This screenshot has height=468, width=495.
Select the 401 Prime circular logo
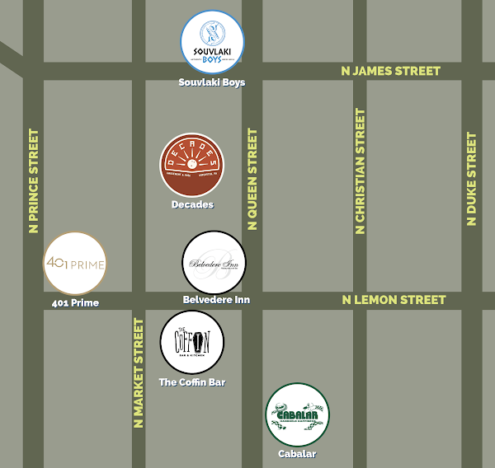pyautogui.click(x=74, y=264)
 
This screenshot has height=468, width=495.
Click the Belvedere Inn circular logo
pyautogui.click(x=214, y=263)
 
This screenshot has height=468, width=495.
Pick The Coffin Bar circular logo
pyautogui.click(x=191, y=342)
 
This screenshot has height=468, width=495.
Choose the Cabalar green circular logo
pyautogui.click(x=297, y=414)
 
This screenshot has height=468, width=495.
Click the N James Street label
pyautogui.click(x=391, y=72)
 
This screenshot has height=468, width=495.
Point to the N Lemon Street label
pyautogui.click(x=394, y=300)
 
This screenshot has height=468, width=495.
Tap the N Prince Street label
pyautogui.click(x=34, y=180)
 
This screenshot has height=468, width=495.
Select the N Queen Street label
pyautogui.click(x=252, y=179)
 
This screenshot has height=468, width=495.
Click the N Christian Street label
pyautogui.click(x=360, y=171)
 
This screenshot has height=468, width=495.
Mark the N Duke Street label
pyautogui.click(x=471, y=179)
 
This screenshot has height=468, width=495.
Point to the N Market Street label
pyautogui.click(x=139, y=374)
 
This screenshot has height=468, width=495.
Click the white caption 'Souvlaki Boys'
pyautogui.click(x=212, y=82)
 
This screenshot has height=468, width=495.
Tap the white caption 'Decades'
pyautogui.click(x=192, y=204)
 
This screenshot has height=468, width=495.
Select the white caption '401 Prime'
pyautogui.click(x=75, y=303)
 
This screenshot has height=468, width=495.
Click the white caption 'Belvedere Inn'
pyautogui.click(x=216, y=300)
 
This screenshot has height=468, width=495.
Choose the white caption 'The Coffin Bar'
pyautogui.click(x=191, y=382)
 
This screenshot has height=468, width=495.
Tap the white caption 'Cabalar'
pyautogui.click(x=297, y=454)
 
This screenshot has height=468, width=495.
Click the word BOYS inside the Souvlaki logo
pyautogui.click(x=213, y=58)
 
